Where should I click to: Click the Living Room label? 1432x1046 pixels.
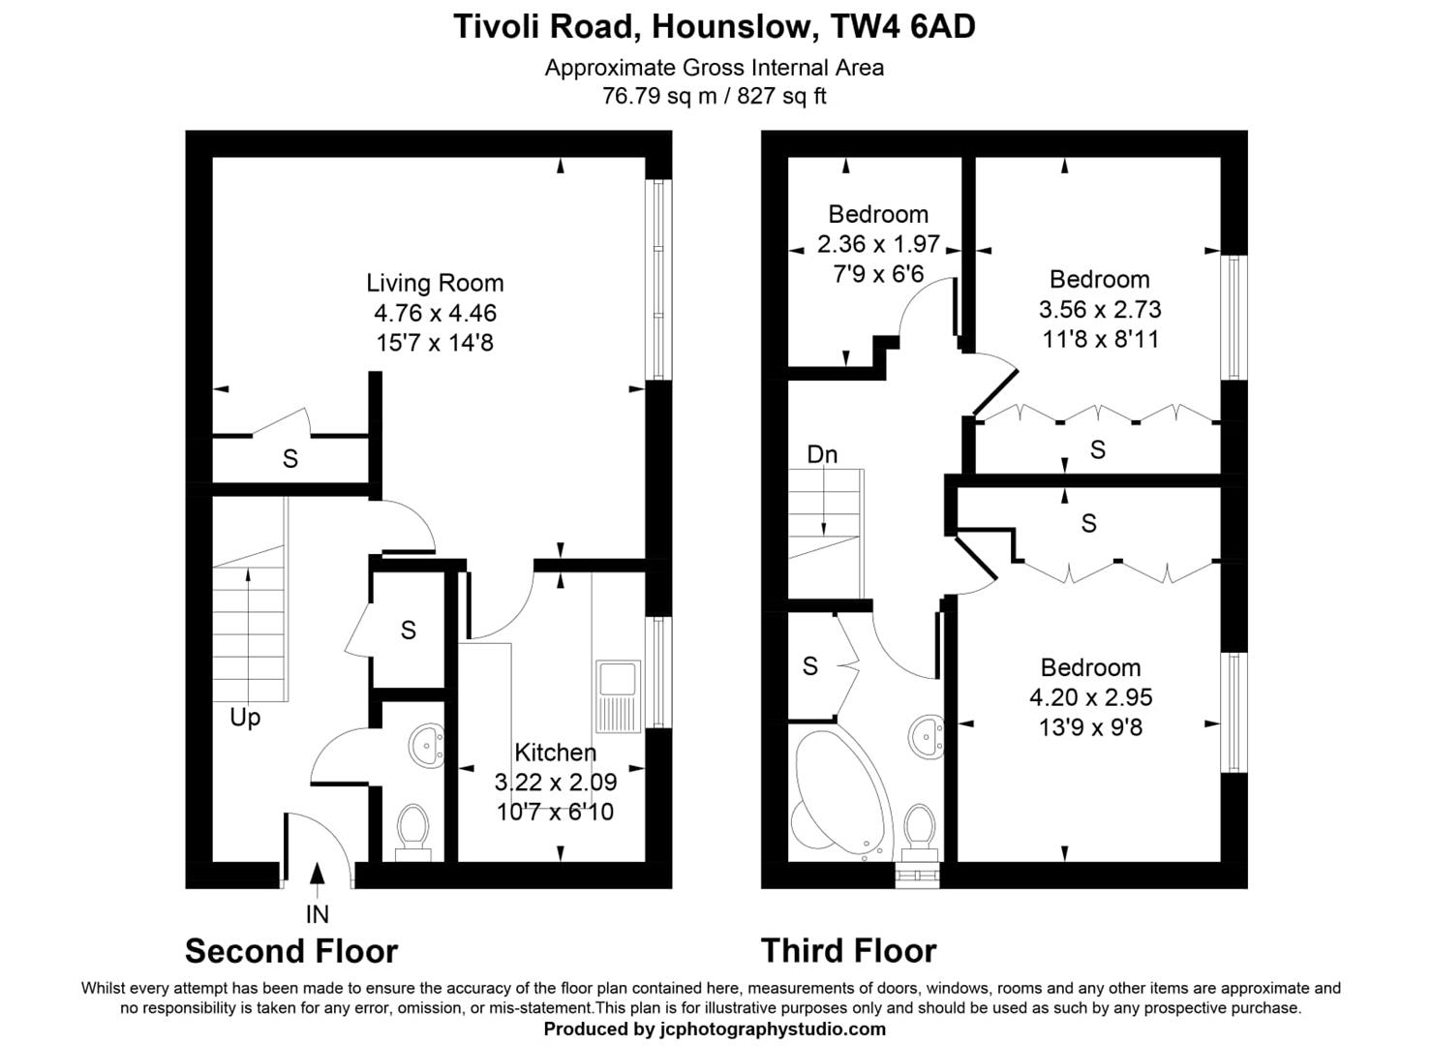click(x=435, y=283)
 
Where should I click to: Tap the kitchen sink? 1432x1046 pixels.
click(x=617, y=695)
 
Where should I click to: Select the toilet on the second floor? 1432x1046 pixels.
click(x=413, y=829)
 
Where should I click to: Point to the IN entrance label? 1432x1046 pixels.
click(x=317, y=913)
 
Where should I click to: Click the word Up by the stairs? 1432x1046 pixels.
click(x=245, y=718)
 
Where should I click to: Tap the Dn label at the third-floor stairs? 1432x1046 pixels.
click(x=822, y=454)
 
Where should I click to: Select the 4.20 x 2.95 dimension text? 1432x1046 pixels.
click(x=1090, y=697)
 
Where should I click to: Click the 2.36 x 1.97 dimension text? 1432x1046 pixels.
click(x=878, y=244)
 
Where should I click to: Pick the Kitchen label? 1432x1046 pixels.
click(x=555, y=752)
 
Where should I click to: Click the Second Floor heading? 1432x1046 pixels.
click(x=291, y=951)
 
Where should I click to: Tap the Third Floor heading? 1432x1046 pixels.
click(x=848, y=951)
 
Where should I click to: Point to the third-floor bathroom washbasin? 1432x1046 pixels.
click(x=926, y=738)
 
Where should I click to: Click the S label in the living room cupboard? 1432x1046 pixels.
click(x=289, y=459)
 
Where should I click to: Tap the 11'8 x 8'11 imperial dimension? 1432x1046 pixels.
click(x=1100, y=339)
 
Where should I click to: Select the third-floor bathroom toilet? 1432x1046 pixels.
click(x=919, y=831)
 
